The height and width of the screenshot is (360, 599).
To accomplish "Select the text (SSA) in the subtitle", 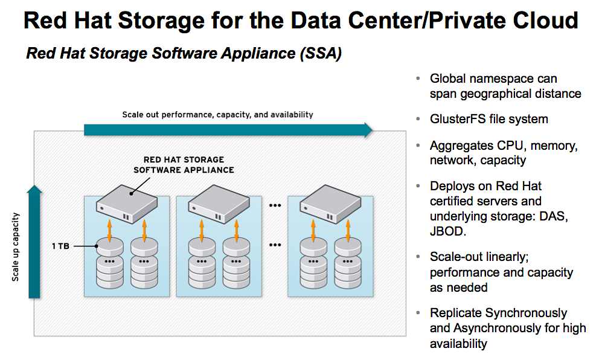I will point(319,54).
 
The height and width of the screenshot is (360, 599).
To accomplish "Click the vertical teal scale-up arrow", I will point(35,242).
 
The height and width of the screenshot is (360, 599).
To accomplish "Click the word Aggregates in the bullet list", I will point(460,146).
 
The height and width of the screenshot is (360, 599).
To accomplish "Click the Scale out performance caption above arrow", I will point(217,114).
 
